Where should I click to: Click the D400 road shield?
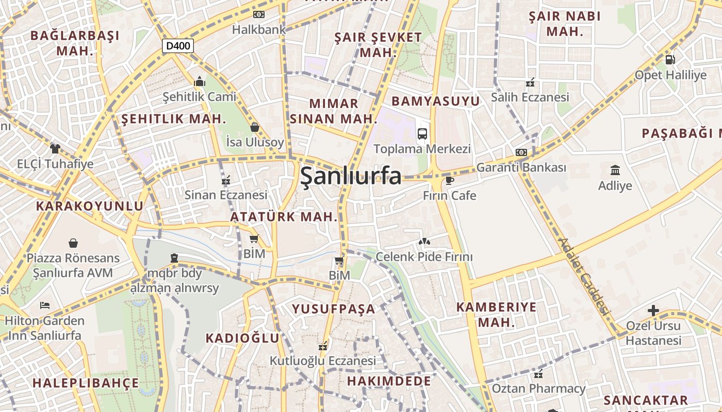click(178, 46)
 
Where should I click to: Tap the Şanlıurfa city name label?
click(350, 176)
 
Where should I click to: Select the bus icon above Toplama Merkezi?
click(422, 134)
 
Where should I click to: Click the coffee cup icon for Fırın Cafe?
click(449, 180)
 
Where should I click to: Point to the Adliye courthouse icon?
click(615, 170)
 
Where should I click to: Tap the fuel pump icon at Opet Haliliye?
click(670, 60)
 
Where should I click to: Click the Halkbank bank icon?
click(258, 14)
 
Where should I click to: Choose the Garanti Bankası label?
click(521, 167)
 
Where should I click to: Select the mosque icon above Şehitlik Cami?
click(199, 82)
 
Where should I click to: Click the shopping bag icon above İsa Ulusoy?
click(254, 127)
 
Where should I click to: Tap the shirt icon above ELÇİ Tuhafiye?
click(55, 149)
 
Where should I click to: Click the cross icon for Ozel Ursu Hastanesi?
click(653, 311)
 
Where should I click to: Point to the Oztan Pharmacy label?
click(538, 388)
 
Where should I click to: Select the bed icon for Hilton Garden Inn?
click(45, 305)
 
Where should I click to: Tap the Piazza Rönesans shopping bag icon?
click(73, 243)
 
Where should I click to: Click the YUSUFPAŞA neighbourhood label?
click(334, 309)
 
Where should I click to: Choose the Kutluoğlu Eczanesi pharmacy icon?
click(323, 347)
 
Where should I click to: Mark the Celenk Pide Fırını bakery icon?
click(424, 241)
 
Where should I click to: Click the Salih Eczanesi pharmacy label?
click(530, 97)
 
